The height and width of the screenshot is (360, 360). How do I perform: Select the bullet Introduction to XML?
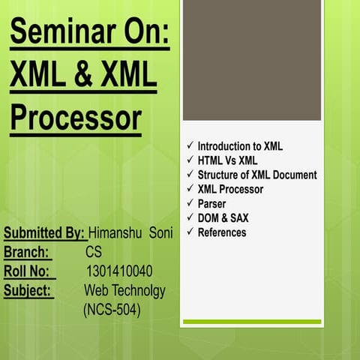(240, 146)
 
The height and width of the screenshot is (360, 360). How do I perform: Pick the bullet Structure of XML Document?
(256, 175)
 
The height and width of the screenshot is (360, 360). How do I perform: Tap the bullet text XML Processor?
(230, 189)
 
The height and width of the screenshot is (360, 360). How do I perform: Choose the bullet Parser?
(211, 203)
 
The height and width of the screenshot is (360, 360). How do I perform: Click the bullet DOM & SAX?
(223, 217)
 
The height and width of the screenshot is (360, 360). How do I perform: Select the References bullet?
(221, 232)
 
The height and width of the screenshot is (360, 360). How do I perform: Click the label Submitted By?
(43, 233)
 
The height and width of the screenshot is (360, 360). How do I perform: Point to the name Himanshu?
(115, 233)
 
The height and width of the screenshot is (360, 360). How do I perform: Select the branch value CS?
(94, 252)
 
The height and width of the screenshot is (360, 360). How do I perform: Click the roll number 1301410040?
(120, 271)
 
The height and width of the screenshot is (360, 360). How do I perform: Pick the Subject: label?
(28, 290)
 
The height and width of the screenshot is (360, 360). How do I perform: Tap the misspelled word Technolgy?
(138, 290)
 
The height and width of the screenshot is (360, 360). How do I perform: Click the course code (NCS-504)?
(112, 309)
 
